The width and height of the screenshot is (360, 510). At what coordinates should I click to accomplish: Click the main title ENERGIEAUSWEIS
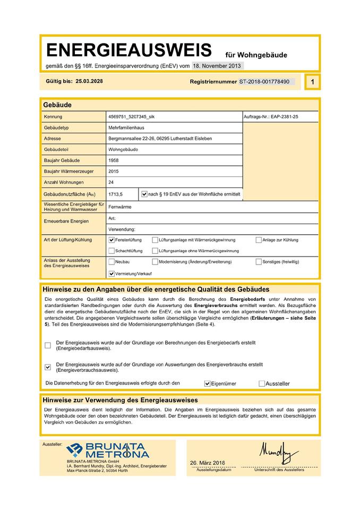tap(129, 50)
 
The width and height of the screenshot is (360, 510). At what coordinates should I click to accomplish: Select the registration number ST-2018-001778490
tap(264, 82)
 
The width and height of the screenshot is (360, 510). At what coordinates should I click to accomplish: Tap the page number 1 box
tap(312, 82)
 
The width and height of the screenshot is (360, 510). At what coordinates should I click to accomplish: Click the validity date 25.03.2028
tap(89, 81)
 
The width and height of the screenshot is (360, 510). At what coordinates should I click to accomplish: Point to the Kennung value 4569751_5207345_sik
tap(131, 116)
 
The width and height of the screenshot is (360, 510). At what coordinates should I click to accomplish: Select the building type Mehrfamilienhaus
tap(126, 128)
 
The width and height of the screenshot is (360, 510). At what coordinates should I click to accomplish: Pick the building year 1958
tap(113, 160)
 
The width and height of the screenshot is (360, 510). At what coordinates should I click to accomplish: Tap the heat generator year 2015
tap(113, 171)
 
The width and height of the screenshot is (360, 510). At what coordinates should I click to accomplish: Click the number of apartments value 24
tap(111, 182)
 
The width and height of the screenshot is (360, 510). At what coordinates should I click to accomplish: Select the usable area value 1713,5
tap(115, 194)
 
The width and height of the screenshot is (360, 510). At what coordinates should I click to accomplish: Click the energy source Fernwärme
tap(119, 207)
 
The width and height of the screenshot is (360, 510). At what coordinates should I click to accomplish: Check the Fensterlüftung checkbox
tap(112, 240)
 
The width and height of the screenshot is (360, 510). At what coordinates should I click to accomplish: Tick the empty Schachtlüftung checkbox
tap(112, 251)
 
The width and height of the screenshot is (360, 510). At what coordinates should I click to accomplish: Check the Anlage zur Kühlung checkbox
tap(259, 240)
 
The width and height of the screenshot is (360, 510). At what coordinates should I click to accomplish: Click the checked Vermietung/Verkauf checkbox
tap(112, 274)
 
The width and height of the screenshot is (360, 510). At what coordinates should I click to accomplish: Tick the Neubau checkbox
tap(112, 262)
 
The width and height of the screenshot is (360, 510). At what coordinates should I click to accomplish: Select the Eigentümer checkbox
tap(208, 383)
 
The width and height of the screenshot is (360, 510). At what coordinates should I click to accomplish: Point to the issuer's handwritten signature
tap(279, 452)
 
